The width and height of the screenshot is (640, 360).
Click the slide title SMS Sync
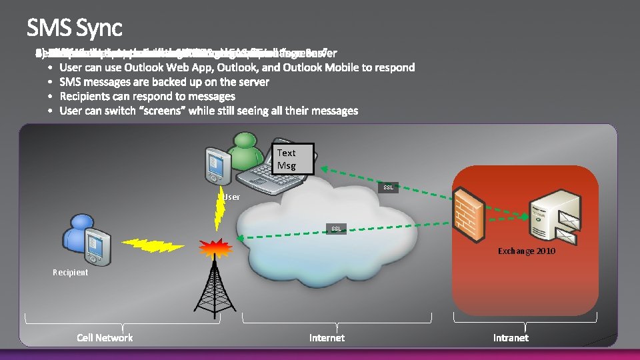tap(75, 27)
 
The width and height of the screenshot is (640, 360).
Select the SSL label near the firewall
tap(388, 188)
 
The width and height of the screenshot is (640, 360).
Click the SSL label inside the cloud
tap(337, 229)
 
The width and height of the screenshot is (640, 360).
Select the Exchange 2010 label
tap(527, 251)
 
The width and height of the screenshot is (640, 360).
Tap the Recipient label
tap(70, 272)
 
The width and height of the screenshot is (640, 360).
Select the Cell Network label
tap(105, 338)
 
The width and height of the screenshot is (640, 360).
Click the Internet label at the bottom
tap(327, 338)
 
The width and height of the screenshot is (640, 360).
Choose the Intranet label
tap(511, 338)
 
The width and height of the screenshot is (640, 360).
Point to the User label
tap(231, 197)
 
